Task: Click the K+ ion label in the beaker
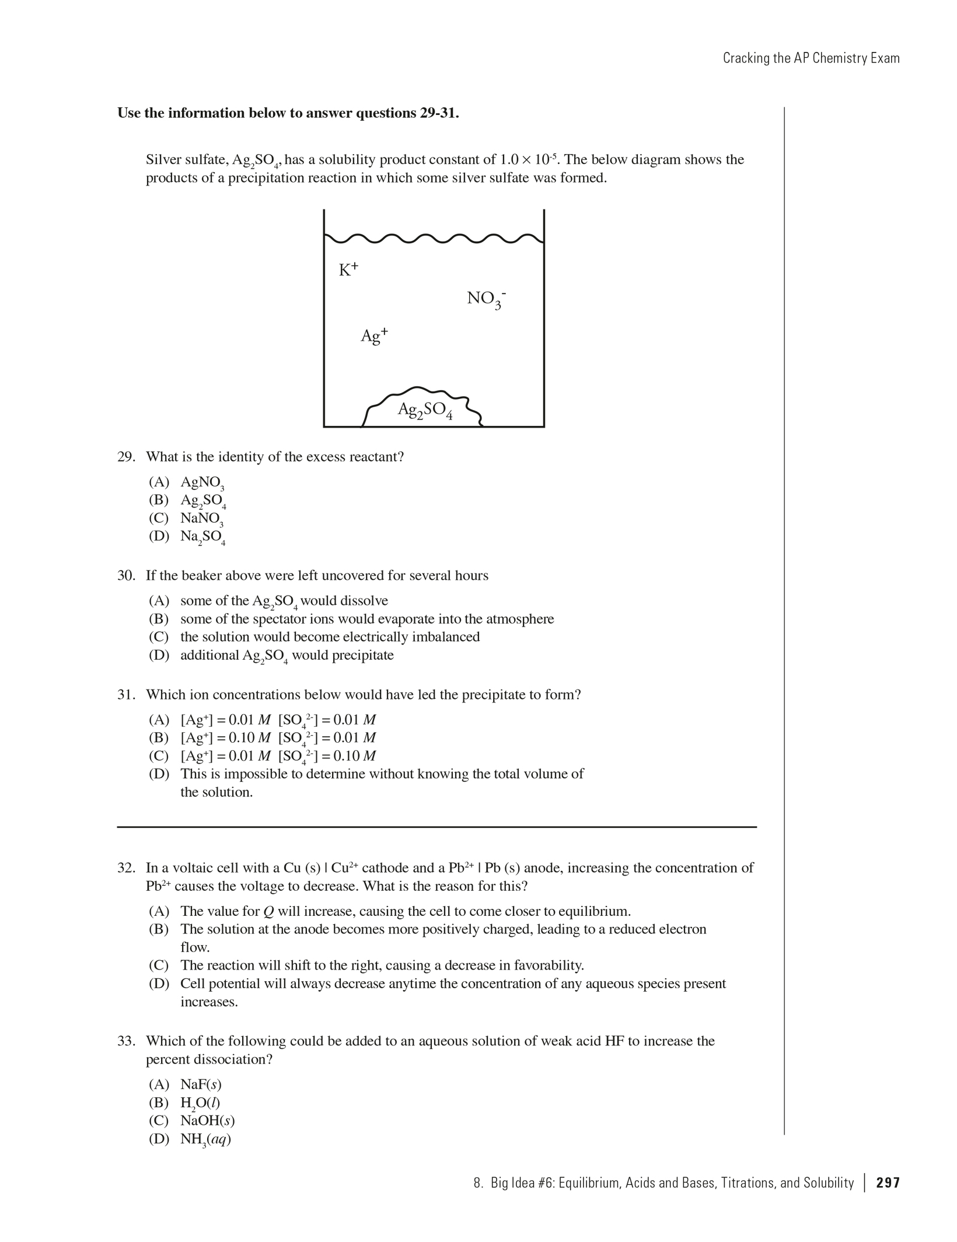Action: [x=348, y=269]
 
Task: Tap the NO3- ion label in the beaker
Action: [x=486, y=299]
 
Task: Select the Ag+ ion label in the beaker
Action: [x=374, y=335]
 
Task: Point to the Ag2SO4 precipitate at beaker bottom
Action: [x=425, y=410]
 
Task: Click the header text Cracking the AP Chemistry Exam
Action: [x=811, y=58]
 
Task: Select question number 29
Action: [x=125, y=457]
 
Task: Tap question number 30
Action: [x=125, y=576]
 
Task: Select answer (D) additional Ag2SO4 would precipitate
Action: [x=286, y=655]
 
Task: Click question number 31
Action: [x=125, y=695]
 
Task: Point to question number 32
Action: [x=125, y=868]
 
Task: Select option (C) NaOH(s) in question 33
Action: [x=207, y=1121]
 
